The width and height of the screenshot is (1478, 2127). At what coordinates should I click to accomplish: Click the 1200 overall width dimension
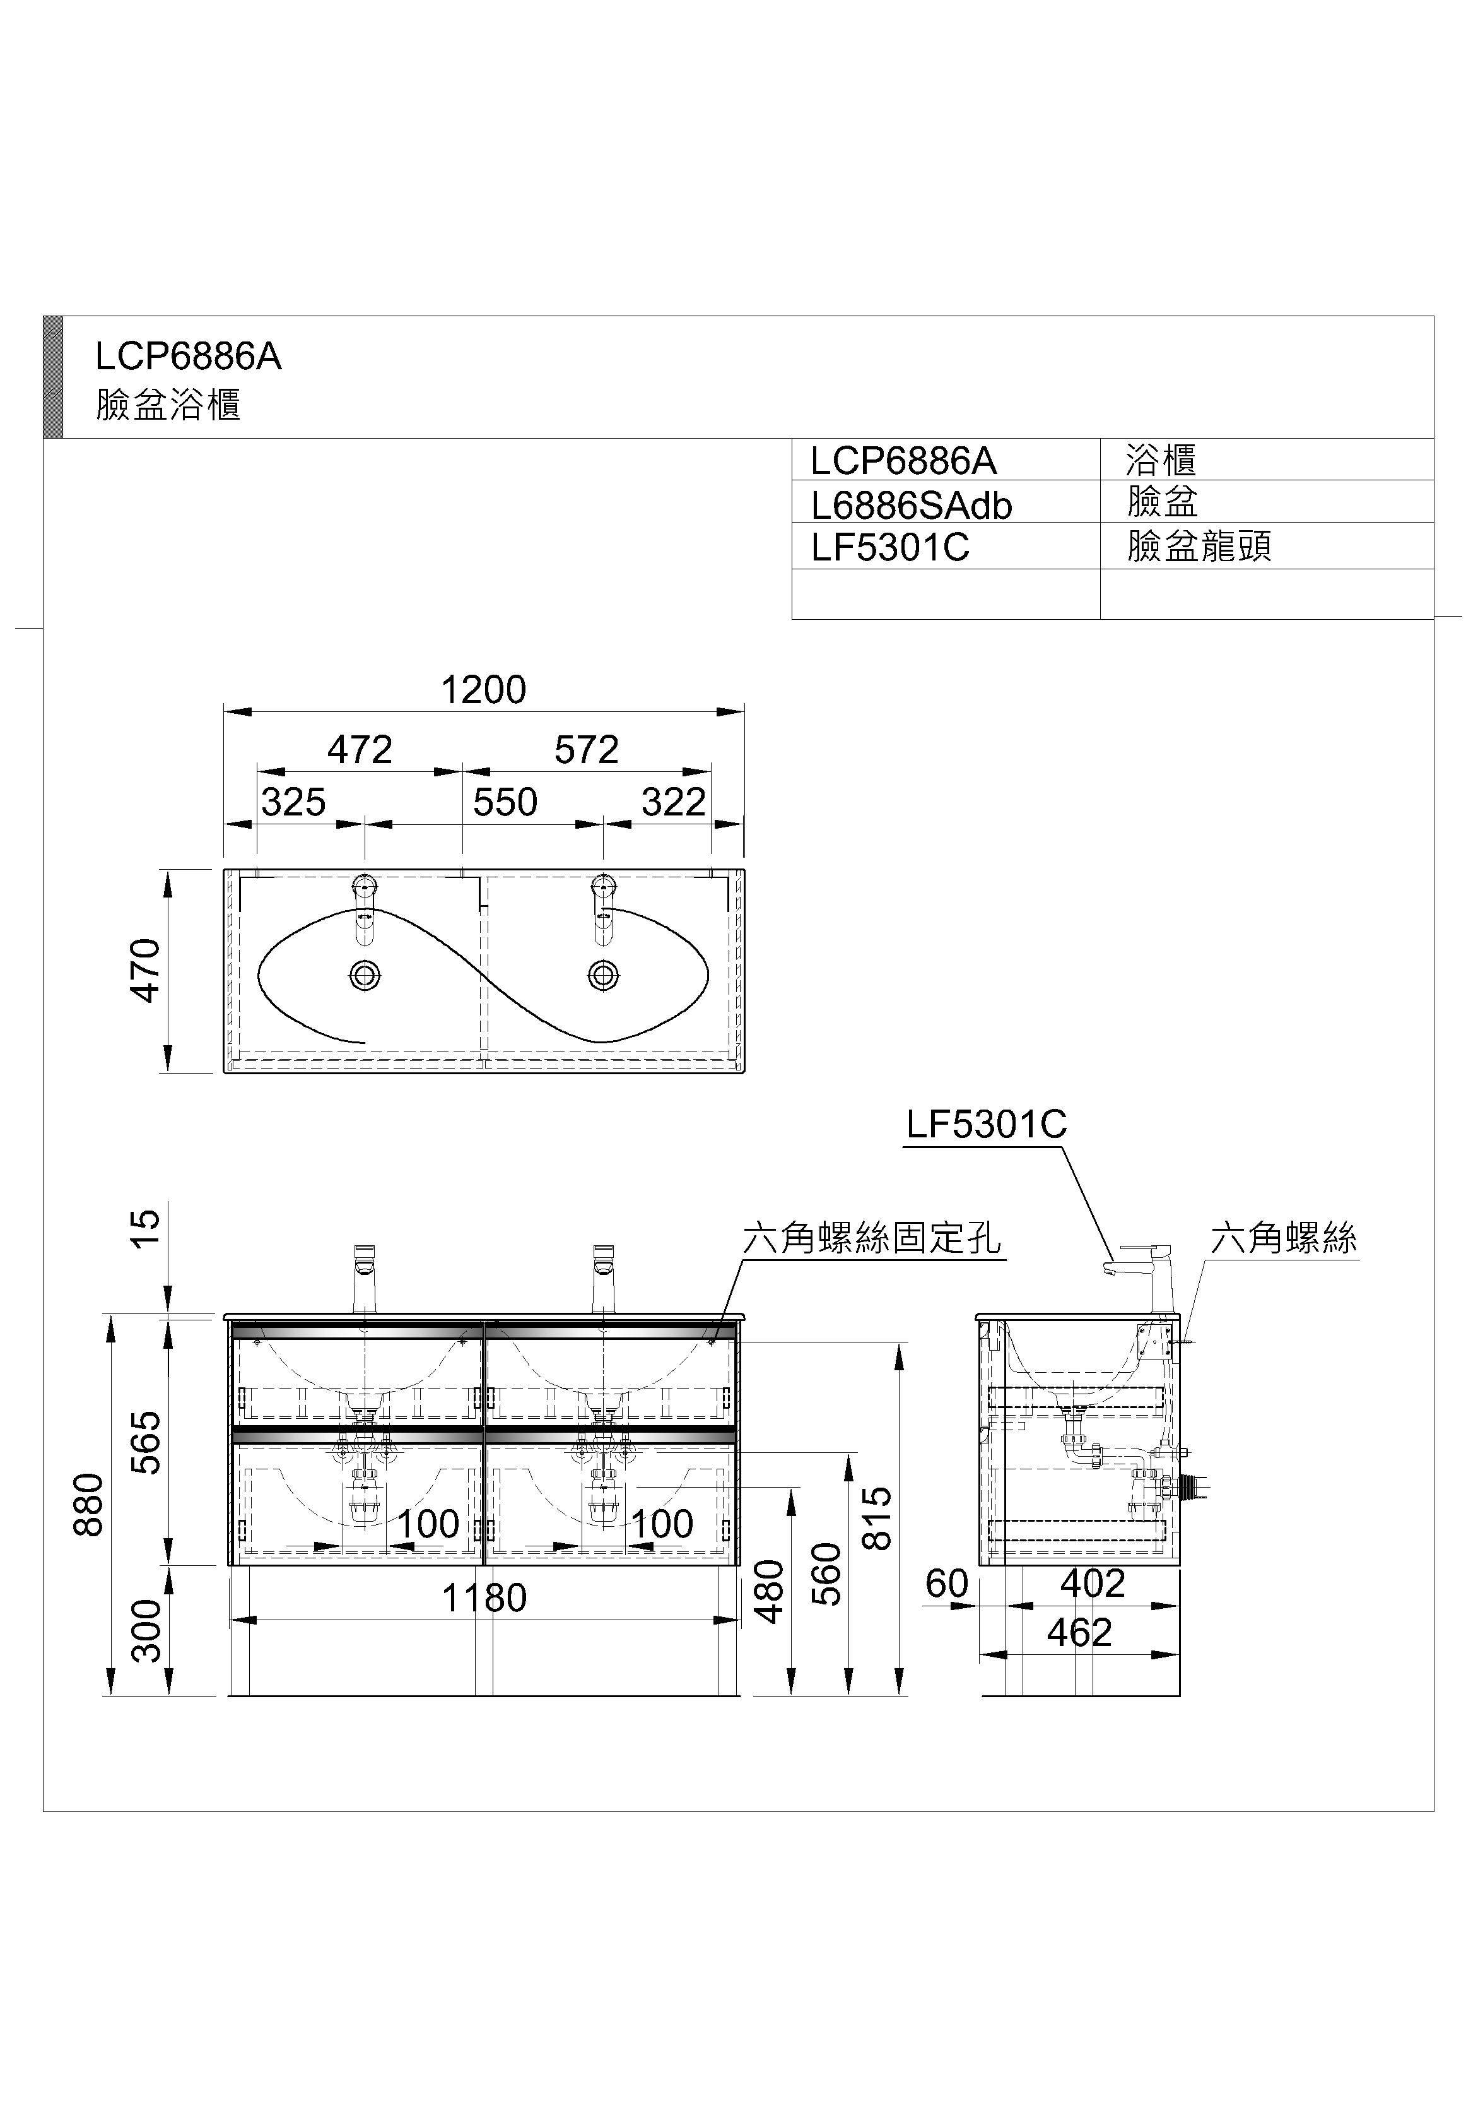click(x=483, y=690)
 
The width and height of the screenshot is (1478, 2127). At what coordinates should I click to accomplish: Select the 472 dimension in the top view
click(x=360, y=749)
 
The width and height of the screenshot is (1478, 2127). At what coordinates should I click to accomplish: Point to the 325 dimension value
click(x=293, y=802)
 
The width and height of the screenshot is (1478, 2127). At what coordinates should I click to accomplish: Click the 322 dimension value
click(x=673, y=802)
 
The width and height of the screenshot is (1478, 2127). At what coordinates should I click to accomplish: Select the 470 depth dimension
click(x=146, y=970)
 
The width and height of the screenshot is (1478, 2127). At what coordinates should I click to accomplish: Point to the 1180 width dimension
click(x=483, y=1598)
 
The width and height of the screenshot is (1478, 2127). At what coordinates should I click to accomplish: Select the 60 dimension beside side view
click(x=946, y=1584)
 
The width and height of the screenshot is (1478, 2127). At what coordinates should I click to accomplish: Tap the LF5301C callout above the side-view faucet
click(x=986, y=1125)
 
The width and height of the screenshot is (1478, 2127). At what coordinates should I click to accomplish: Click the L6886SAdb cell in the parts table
click(x=912, y=506)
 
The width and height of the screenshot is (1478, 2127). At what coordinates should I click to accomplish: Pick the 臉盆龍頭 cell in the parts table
click(x=1199, y=547)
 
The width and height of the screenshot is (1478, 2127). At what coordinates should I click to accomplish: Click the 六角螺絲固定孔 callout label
click(x=871, y=1238)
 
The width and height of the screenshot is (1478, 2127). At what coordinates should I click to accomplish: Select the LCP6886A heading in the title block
click(x=188, y=357)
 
